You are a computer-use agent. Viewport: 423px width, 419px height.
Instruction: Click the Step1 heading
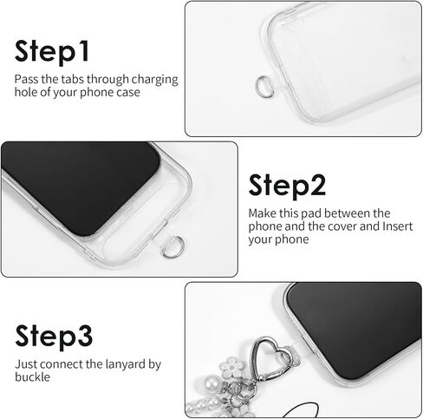click(x=51, y=51)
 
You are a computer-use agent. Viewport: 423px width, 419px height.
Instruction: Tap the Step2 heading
click(x=287, y=186)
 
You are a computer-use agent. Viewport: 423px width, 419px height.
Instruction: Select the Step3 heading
click(x=54, y=337)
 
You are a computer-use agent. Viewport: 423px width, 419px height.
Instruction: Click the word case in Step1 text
click(x=128, y=93)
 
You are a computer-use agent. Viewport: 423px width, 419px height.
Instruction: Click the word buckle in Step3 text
click(x=32, y=377)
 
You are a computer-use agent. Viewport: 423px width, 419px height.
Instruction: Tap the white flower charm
click(x=233, y=367)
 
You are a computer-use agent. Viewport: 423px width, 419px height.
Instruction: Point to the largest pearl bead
click(x=211, y=384)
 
